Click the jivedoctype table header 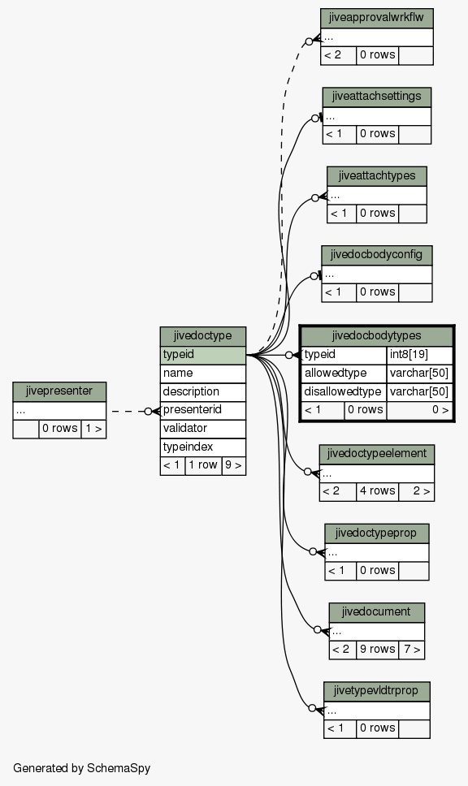202,336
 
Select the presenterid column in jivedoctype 202,410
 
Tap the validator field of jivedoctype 202,429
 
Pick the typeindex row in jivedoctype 202,447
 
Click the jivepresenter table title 59,391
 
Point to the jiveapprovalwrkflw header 377,18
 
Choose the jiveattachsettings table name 377,97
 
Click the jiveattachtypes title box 377,176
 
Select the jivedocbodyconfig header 377,255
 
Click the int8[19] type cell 419,355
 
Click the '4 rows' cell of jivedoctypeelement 377,491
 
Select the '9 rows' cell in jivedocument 377,650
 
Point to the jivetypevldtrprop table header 377,691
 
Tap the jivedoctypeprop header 377,533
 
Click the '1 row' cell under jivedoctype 203,466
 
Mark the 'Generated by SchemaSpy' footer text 82,768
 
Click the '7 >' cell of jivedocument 411,650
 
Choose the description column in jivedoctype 202,391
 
